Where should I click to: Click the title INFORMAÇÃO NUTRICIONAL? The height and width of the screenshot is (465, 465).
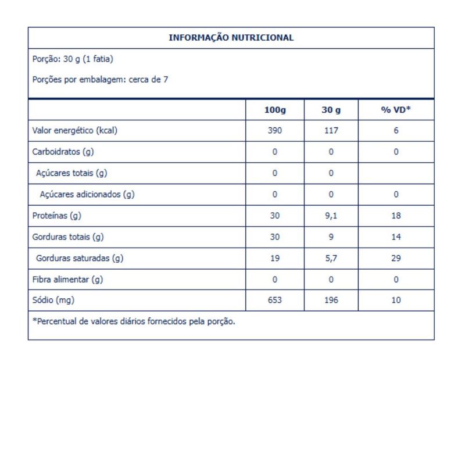[x=231, y=38]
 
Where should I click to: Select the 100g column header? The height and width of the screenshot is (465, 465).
[x=275, y=110]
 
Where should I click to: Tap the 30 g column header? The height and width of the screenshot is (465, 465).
[x=331, y=110]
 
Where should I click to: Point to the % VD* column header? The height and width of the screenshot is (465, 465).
[x=396, y=110]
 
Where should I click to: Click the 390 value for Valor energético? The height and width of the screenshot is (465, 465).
[x=275, y=131]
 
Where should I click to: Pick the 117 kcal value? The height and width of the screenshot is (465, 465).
[x=331, y=131]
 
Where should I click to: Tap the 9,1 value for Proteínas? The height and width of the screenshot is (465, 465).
[x=331, y=216]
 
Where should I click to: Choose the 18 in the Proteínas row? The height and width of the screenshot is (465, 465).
[x=396, y=216]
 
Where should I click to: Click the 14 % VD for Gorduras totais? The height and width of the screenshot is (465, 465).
[x=396, y=237]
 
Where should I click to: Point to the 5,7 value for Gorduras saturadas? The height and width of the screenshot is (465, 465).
[x=331, y=259]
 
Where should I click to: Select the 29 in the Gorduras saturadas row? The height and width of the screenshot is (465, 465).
[x=396, y=259]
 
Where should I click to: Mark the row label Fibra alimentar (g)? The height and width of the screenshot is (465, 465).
[x=67, y=280]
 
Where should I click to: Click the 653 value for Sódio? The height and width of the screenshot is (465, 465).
[x=275, y=301]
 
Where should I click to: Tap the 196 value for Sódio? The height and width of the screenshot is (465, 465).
[x=331, y=301]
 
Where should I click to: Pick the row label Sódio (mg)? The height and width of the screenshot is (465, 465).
[x=55, y=301]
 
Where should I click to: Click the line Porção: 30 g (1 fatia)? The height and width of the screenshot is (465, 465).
[x=72, y=59]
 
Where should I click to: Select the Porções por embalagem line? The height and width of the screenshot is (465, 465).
[x=100, y=80]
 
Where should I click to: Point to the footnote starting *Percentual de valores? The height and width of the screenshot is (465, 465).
[x=134, y=321]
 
